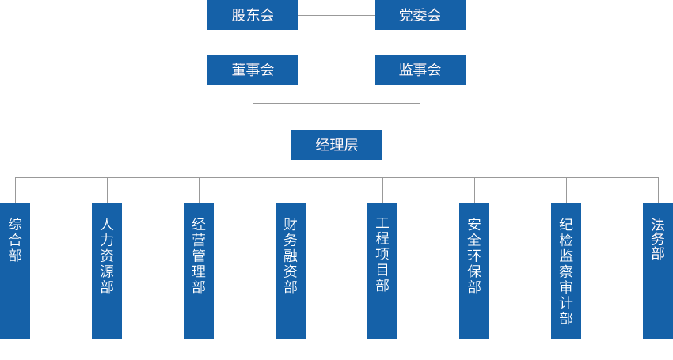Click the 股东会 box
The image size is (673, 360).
253,16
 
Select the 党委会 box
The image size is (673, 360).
420,16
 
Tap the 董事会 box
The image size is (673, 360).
253,70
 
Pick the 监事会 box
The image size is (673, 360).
420,70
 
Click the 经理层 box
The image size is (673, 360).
336,145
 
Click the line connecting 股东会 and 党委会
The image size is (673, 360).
336,15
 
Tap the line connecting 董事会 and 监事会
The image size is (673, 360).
336,70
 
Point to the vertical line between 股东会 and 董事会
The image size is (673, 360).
253,43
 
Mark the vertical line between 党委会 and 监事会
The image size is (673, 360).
420,43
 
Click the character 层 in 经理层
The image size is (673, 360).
351,145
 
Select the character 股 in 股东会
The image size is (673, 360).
238,16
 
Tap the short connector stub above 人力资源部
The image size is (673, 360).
107,190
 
